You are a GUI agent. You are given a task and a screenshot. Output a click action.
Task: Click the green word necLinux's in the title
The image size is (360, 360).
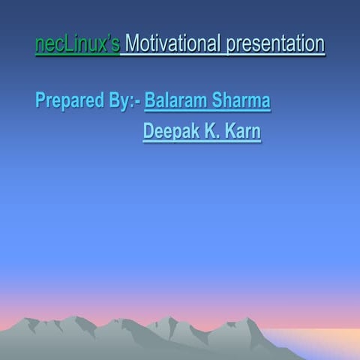click(x=77, y=44)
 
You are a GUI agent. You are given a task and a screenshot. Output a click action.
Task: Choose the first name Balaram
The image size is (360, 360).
click(x=175, y=100)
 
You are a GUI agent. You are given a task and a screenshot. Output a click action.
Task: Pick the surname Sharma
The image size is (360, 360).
click(x=241, y=100)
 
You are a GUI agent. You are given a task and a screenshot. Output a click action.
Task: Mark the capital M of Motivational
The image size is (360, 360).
click(x=133, y=44)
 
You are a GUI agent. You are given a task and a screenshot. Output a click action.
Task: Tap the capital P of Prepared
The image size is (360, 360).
click(x=40, y=101)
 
